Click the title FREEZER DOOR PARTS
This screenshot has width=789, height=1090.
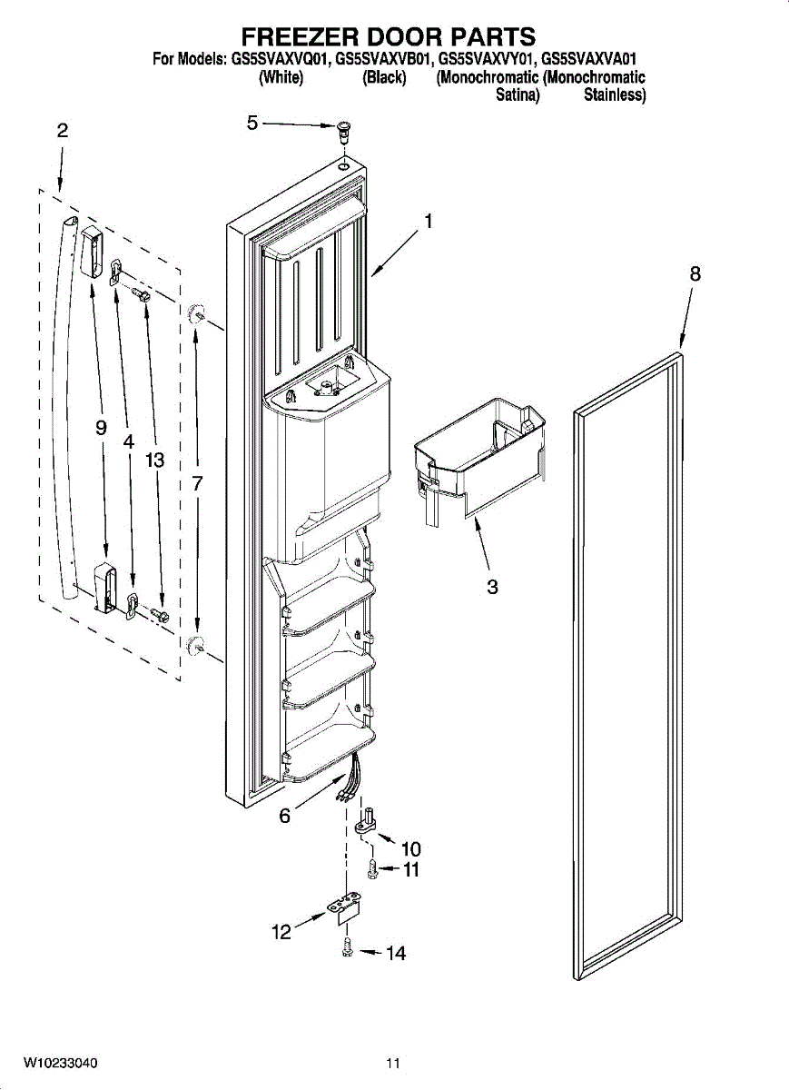tap(389, 36)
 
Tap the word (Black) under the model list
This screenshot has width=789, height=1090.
tap(384, 77)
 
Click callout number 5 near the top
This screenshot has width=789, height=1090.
tap(252, 124)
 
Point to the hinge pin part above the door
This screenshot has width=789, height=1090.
tap(344, 131)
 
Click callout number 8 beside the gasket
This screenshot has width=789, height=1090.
tap(695, 274)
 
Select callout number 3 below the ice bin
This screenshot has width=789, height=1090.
tap(492, 588)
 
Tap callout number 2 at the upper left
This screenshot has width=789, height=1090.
tap(63, 131)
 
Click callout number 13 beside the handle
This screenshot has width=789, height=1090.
tap(154, 461)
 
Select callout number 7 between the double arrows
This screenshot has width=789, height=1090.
tap(196, 483)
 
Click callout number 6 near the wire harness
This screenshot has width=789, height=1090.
tap(284, 816)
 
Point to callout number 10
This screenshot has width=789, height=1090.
tap(411, 849)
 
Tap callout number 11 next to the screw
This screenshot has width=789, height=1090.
tap(411, 869)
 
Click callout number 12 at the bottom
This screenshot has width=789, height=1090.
tap(281, 932)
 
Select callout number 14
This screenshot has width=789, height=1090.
tap(396, 954)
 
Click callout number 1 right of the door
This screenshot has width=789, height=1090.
tap(428, 222)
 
